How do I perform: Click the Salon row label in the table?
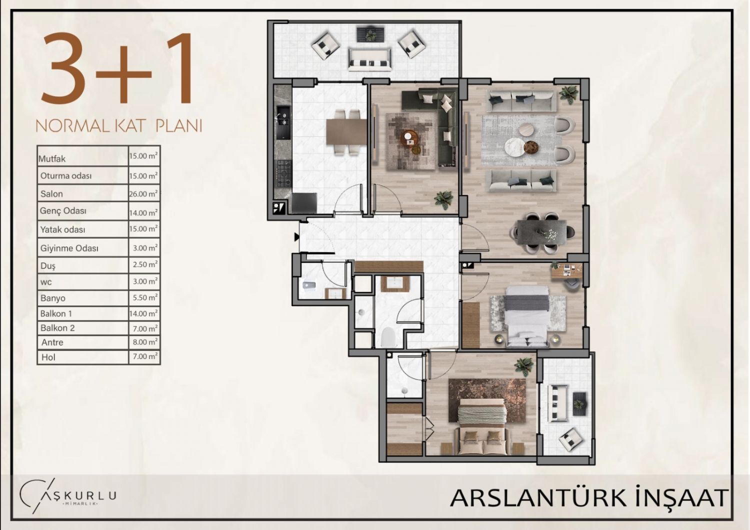click(51, 194)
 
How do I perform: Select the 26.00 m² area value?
click(143, 193)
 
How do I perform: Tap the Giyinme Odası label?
click(69, 248)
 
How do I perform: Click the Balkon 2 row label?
click(57, 328)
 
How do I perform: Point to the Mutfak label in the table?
click(52, 158)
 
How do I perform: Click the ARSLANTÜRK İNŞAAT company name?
click(589, 498)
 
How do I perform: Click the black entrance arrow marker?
click(296, 237)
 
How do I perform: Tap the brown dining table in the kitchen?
click(346, 131)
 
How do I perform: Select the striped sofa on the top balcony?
click(369, 59)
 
